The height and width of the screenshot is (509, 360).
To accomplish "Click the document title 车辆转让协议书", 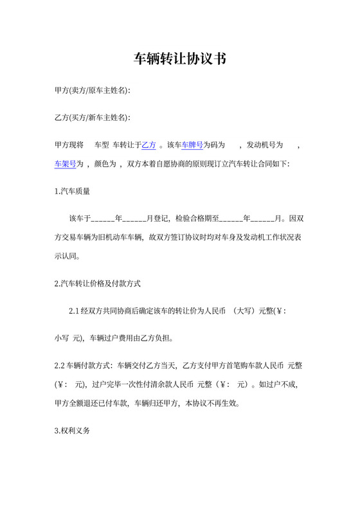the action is pyautogui.click(x=179, y=60).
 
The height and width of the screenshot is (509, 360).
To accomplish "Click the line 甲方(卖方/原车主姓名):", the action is pyautogui.click(x=93, y=91).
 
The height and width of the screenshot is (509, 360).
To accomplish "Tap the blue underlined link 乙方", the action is pyautogui.click(x=148, y=145).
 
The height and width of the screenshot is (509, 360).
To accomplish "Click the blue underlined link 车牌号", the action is pyautogui.click(x=192, y=145).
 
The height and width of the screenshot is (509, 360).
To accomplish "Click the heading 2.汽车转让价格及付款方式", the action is pyautogui.click(x=98, y=283).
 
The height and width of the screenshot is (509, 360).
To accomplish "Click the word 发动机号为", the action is pyautogui.click(x=265, y=145).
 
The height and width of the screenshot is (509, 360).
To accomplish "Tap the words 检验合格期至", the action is pyautogui.click(x=197, y=219).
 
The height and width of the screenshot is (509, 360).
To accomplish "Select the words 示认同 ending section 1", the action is pyautogui.click(x=67, y=255).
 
